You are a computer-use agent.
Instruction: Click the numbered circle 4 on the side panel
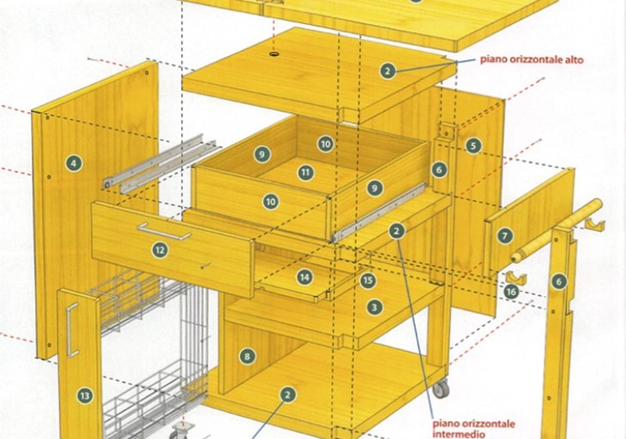tap(75, 163)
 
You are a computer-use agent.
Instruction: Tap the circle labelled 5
tap(473, 146)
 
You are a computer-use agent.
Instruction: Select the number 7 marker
tap(504, 236)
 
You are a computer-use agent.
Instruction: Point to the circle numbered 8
tap(247, 356)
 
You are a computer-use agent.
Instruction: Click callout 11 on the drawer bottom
tap(306, 172)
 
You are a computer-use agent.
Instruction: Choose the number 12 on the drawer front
tap(160, 250)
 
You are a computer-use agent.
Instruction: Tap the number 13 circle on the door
tap(85, 395)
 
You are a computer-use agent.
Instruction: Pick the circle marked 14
tap(304, 277)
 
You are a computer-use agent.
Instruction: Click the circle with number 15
tap(368, 280)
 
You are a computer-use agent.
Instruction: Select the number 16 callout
tap(511, 292)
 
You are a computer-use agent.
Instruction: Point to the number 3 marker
tap(374, 307)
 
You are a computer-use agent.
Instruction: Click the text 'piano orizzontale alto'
tap(532, 60)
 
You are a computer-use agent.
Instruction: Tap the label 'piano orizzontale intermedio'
tap(473, 429)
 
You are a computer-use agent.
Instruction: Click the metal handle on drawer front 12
tap(164, 232)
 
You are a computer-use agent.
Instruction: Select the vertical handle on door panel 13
tap(72, 329)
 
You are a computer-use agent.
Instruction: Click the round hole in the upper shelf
tap(274, 53)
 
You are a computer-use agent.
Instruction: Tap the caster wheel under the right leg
tap(441, 388)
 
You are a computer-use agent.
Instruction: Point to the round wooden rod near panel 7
tap(557, 231)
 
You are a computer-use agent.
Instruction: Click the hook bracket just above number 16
tap(516, 278)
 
